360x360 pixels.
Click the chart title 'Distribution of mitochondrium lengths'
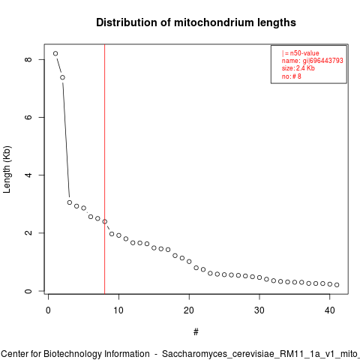point(196,22)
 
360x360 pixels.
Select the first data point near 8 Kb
point(55,53)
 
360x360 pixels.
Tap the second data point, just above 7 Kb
point(62,77)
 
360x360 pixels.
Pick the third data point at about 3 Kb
point(70,202)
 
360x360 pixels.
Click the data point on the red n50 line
point(105,221)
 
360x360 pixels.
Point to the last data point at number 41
point(337,285)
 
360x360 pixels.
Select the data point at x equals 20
point(189,262)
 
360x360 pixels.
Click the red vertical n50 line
point(104,169)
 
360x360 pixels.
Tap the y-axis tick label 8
point(28,59)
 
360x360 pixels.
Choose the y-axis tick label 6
point(28,117)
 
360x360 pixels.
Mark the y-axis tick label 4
point(28,175)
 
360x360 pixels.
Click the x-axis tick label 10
point(118,310)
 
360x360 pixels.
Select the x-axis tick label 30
point(259,310)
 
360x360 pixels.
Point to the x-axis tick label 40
point(330,310)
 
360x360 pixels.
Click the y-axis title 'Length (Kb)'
point(7,169)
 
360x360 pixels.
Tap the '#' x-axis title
point(196,332)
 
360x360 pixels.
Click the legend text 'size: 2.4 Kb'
point(298,68)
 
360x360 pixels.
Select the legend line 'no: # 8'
point(292,76)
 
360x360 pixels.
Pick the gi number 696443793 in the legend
point(326,61)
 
